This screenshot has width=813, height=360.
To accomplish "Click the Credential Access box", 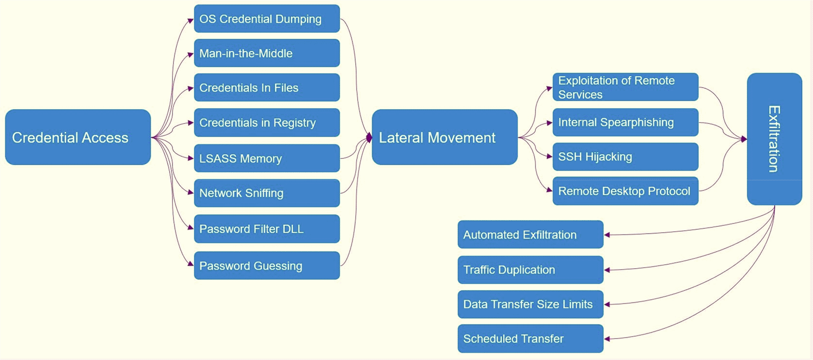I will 78,137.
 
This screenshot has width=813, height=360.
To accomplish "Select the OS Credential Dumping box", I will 266,19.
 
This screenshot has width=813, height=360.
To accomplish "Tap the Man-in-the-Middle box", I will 266,53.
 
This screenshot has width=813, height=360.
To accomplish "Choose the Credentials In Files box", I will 266,88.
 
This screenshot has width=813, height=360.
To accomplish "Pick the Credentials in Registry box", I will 266,122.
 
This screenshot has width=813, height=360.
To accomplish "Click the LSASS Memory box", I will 266,158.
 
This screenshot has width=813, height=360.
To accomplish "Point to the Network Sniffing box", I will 266,193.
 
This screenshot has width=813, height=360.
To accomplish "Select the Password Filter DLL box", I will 266,229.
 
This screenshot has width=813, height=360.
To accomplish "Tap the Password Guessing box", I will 266,266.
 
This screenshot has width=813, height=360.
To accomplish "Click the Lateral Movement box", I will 444,137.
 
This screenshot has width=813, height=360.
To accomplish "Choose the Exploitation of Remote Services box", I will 625,87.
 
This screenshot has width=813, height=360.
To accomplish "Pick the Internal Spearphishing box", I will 625,122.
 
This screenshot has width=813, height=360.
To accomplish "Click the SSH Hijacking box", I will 625,157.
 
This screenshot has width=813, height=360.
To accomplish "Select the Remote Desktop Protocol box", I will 625,191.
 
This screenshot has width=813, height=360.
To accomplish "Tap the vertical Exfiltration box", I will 774,139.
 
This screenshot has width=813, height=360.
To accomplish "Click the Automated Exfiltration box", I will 530,235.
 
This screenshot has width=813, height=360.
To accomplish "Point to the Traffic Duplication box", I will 530,270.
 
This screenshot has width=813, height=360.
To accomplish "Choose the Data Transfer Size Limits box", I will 530,304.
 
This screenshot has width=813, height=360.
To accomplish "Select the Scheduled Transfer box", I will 530,338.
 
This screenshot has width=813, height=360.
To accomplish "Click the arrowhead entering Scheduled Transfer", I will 607,339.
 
